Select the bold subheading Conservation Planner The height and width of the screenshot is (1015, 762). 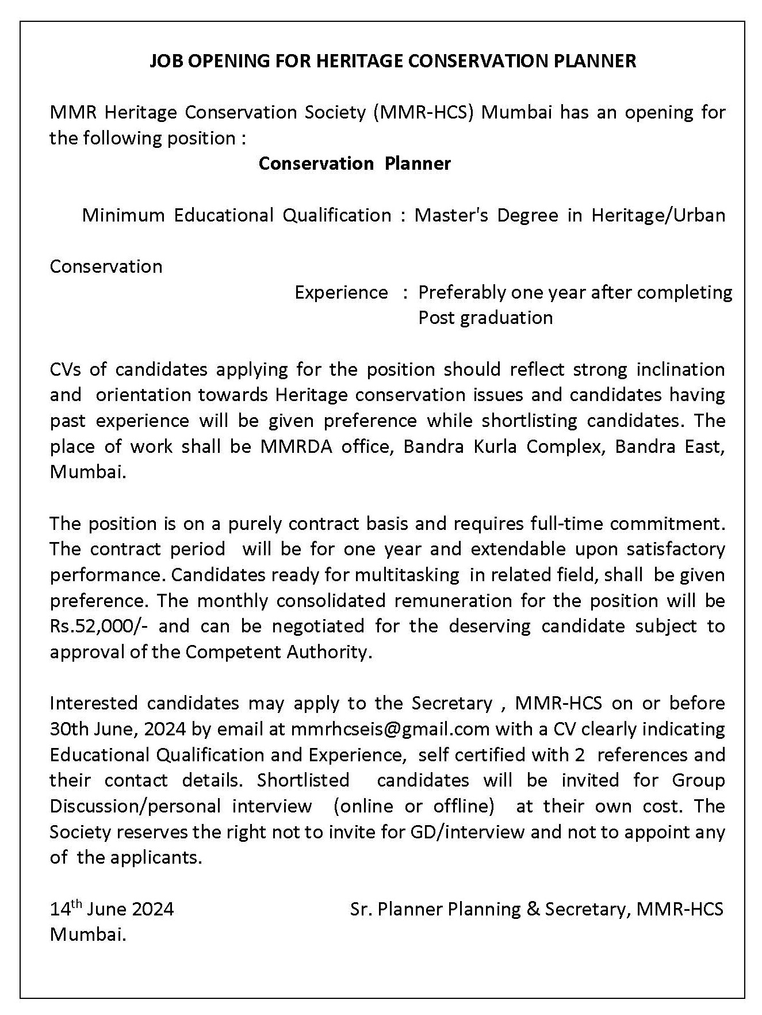(x=355, y=163)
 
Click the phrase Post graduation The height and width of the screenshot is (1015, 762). (x=485, y=318)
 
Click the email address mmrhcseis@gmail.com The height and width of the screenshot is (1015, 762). (x=390, y=729)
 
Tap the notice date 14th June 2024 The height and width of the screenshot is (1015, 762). (x=112, y=909)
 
